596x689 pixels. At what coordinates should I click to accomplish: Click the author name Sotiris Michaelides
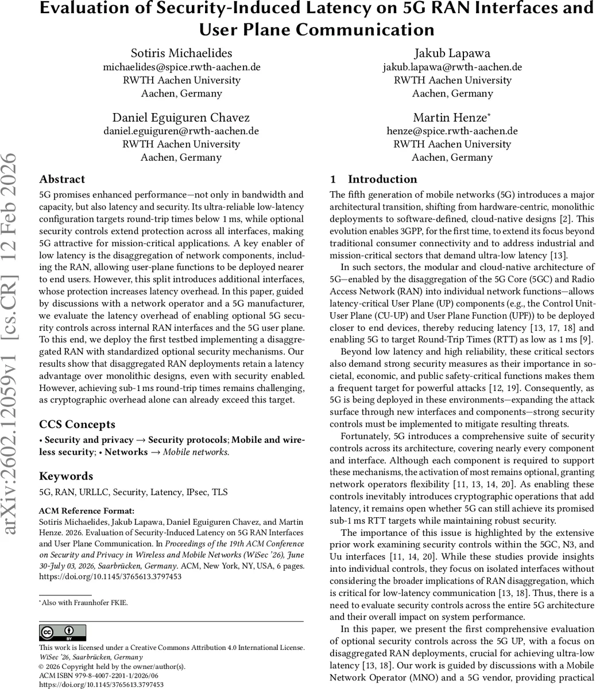coord(181,53)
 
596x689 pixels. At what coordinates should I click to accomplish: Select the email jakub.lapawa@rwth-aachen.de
coord(453,67)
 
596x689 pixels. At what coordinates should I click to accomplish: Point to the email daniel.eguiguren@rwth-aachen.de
coord(181,131)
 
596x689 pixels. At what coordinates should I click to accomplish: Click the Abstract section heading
coord(62,179)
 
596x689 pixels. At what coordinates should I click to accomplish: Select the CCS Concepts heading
coord(77,424)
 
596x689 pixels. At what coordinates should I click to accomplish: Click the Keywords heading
coord(66,476)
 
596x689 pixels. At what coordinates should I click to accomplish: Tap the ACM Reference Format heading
coord(87,511)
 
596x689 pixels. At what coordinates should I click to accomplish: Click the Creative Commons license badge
coord(63,633)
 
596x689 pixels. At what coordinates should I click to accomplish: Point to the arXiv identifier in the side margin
coord(13,344)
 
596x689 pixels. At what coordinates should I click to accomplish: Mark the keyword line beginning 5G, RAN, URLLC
coord(133,492)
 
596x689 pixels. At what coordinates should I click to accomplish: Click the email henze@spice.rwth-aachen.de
coord(453,131)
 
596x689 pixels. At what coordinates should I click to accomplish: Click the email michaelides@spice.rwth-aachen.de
coord(181,67)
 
